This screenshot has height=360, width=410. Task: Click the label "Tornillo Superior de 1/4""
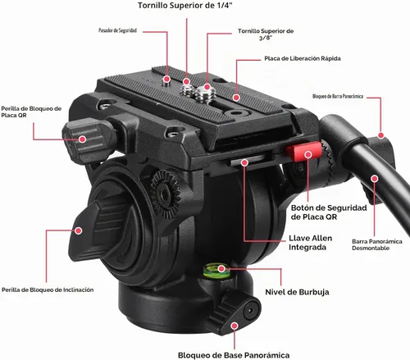(185, 6)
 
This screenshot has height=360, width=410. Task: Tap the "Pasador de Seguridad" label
(117, 30)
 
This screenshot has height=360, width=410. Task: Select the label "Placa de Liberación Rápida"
(303, 58)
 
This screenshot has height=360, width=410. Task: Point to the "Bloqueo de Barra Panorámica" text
(338, 96)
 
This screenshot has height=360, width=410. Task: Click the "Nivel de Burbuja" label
(297, 292)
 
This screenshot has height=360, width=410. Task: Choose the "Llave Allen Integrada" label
(310, 243)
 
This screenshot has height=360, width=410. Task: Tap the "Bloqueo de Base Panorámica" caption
(234, 355)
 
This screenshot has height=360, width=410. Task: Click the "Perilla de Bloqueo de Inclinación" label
(48, 289)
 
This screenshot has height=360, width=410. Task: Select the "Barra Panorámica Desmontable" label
(377, 244)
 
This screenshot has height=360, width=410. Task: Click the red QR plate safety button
(303, 152)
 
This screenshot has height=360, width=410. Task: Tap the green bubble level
(216, 271)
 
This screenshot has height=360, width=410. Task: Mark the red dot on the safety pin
(166, 80)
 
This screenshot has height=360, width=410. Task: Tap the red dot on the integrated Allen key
(244, 162)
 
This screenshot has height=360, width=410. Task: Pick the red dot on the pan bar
(375, 179)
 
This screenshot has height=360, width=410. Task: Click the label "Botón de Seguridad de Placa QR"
(329, 212)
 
